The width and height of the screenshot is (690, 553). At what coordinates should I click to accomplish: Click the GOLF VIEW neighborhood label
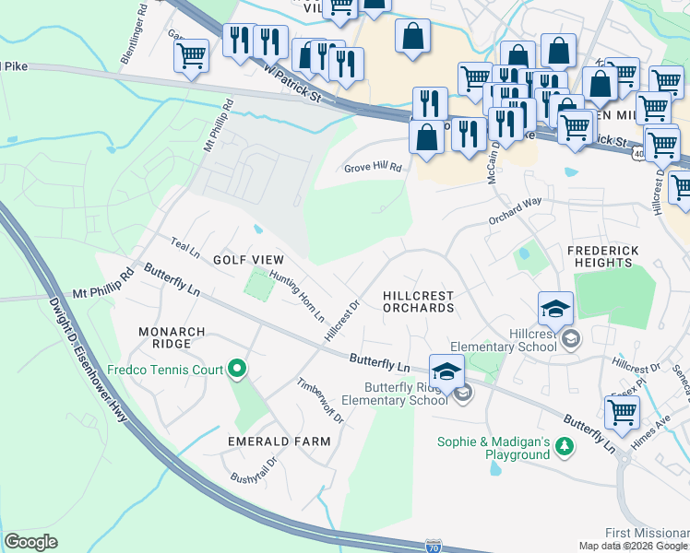coord(248,261)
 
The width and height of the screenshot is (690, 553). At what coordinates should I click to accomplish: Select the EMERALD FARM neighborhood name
coord(280,441)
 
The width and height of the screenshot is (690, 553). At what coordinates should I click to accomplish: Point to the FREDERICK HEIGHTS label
coord(613,255)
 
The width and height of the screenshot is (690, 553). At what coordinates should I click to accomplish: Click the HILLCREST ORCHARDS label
coord(418,301)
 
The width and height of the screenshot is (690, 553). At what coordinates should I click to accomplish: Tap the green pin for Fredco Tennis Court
coord(237,370)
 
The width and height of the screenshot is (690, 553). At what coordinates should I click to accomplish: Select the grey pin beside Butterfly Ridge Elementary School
coord(463,394)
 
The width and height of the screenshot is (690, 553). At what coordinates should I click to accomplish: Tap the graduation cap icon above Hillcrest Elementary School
coord(556,309)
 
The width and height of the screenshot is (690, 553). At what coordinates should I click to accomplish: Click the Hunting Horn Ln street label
coord(297,295)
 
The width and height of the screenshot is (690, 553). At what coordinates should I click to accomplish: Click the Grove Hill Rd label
coord(374,168)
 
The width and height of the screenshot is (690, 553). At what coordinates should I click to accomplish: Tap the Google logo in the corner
coord(31,541)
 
